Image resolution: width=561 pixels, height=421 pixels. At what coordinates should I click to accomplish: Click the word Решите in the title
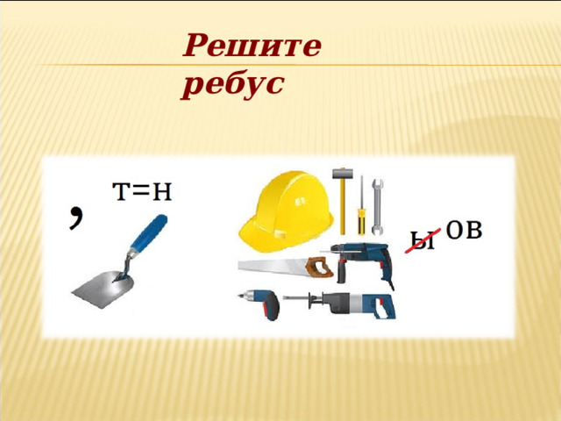click(252, 46)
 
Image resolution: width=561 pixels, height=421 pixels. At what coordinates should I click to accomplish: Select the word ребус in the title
click(233, 84)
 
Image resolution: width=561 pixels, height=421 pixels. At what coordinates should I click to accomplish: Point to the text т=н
click(141, 192)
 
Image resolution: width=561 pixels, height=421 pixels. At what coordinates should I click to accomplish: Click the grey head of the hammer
click(341, 173)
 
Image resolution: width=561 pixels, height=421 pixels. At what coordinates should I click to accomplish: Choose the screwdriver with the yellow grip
click(359, 207)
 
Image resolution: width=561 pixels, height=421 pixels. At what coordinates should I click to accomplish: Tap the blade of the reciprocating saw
click(303, 301)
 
